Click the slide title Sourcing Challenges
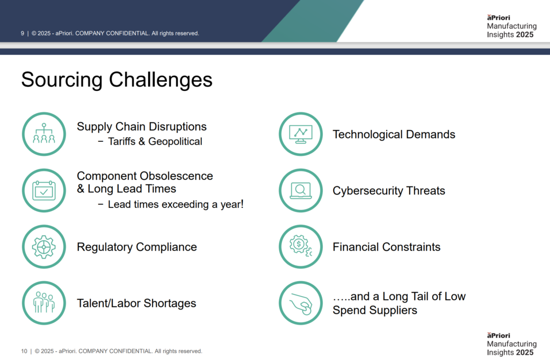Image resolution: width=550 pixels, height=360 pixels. tap(117, 80)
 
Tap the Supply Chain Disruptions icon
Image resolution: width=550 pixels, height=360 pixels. tap(44, 134)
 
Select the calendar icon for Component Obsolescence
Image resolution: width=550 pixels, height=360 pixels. tap(44, 191)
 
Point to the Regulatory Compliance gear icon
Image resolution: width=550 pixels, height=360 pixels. tap(44, 247)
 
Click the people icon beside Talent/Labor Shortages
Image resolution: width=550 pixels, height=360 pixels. tap(44, 303)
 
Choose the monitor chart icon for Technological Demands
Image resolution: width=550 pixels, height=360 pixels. tap(301, 134)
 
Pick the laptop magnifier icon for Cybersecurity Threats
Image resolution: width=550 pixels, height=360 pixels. tap(301, 191)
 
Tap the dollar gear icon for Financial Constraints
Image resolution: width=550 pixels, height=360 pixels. tap(301, 247)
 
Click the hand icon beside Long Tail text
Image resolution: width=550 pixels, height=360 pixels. tap(301, 303)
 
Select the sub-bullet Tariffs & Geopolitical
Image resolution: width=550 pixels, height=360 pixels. tap(155, 142)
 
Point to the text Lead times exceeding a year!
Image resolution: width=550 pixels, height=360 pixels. tap(175, 205)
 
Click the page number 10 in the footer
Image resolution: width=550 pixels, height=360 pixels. tap(24, 351)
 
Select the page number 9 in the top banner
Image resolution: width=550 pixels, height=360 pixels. tap(23, 33)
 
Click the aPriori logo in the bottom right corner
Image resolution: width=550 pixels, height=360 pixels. tap(498, 335)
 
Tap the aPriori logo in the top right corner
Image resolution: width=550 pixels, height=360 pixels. tap(498, 18)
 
